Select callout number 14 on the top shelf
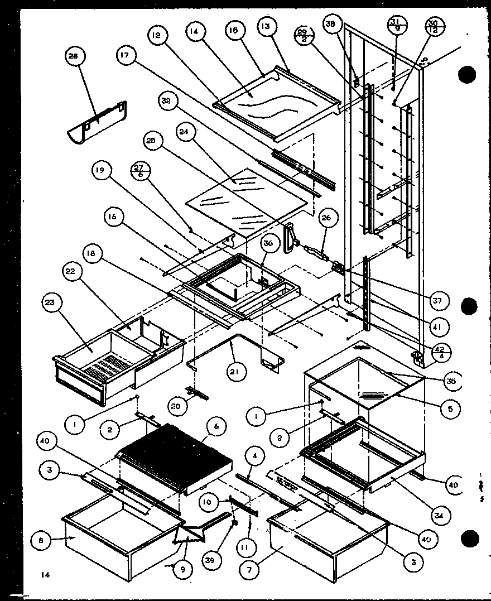(x=194, y=32)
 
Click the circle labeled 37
(x=437, y=301)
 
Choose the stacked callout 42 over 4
(x=438, y=353)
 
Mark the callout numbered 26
(x=326, y=218)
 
